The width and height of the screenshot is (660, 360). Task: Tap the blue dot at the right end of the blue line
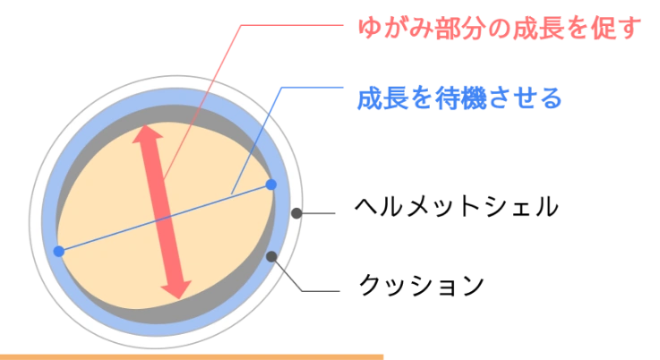coord(270,184)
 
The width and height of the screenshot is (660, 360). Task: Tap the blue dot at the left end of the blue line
coord(59,252)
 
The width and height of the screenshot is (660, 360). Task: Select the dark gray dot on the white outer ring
coord(296,213)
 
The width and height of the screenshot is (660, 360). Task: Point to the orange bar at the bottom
coord(193,356)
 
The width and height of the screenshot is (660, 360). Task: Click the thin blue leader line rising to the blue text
coord(260,134)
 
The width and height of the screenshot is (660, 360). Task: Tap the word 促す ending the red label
coord(619,30)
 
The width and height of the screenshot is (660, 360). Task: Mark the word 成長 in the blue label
coord(379,97)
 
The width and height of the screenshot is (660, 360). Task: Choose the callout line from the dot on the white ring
coord(319,212)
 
